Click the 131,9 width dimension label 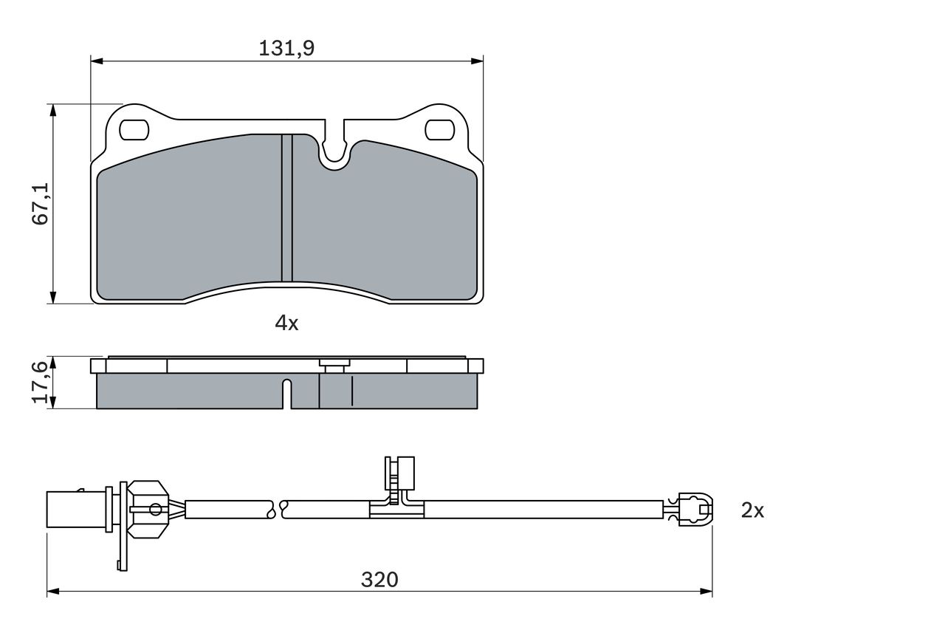tap(286, 49)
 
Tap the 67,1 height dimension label tap(41, 203)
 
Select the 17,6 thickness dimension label tap(41, 383)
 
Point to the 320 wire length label tap(379, 580)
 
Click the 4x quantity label tap(286, 323)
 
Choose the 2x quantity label tap(752, 510)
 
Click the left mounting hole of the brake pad tap(134, 129)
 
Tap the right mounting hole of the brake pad tap(439, 129)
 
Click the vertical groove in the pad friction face tap(287, 208)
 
